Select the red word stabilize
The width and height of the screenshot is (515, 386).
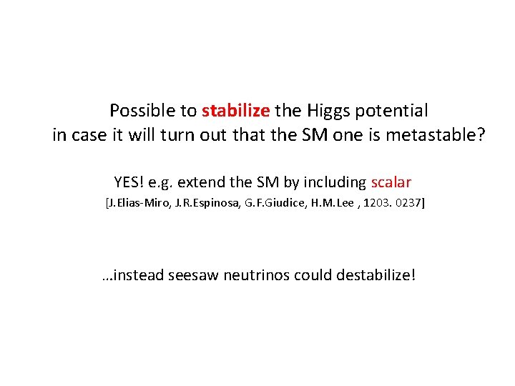point(235,111)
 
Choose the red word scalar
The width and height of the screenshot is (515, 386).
point(391,182)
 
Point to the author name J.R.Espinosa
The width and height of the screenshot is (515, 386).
point(203,204)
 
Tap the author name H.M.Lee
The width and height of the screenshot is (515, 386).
point(330,204)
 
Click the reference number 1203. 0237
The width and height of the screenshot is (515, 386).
point(393,204)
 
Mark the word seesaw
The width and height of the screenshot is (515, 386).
point(198,275)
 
